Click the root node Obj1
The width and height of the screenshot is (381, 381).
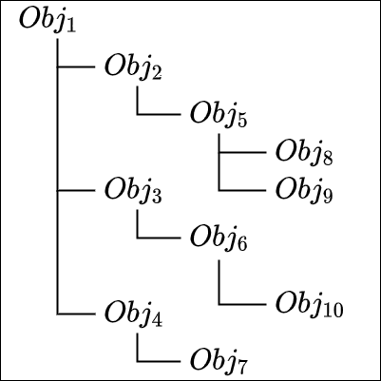[x=48, y=21]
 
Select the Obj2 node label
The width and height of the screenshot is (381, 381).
[x=133, y=68]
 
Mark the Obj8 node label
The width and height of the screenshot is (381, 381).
[x=304, y=154]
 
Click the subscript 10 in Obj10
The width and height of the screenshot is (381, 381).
[x=333, y=311]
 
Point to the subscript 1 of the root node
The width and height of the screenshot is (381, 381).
[x=71, y=26]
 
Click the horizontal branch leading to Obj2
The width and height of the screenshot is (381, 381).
[x=76, y=67]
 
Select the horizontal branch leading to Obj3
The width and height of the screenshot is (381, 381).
[x=76, y=190]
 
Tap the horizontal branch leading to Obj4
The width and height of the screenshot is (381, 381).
[x=76, y=314]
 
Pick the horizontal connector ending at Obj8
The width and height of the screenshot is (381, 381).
[x=242, y=152]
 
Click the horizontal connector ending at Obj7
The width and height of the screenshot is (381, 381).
[x=159, y=361]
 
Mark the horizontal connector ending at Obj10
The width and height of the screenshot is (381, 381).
[x=242, y=305]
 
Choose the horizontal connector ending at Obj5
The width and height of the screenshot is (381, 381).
[x=159, y=114]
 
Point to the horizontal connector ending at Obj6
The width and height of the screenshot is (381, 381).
[x=159, y=238]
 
